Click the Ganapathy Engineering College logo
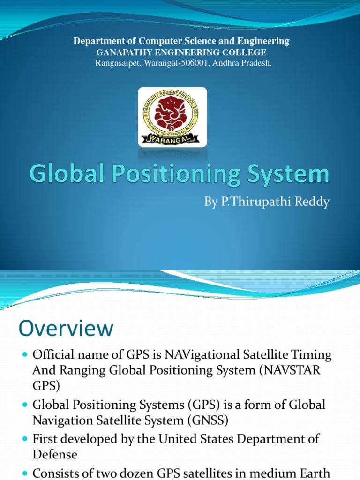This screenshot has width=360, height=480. click(172, 117)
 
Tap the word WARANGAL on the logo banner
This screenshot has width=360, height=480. click(172, 138)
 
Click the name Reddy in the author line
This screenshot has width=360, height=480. click(312, 202)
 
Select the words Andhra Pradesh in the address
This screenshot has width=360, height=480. click(249, 63)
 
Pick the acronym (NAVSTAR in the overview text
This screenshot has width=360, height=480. click(292, 369)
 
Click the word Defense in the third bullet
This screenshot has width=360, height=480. click(55, 454)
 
